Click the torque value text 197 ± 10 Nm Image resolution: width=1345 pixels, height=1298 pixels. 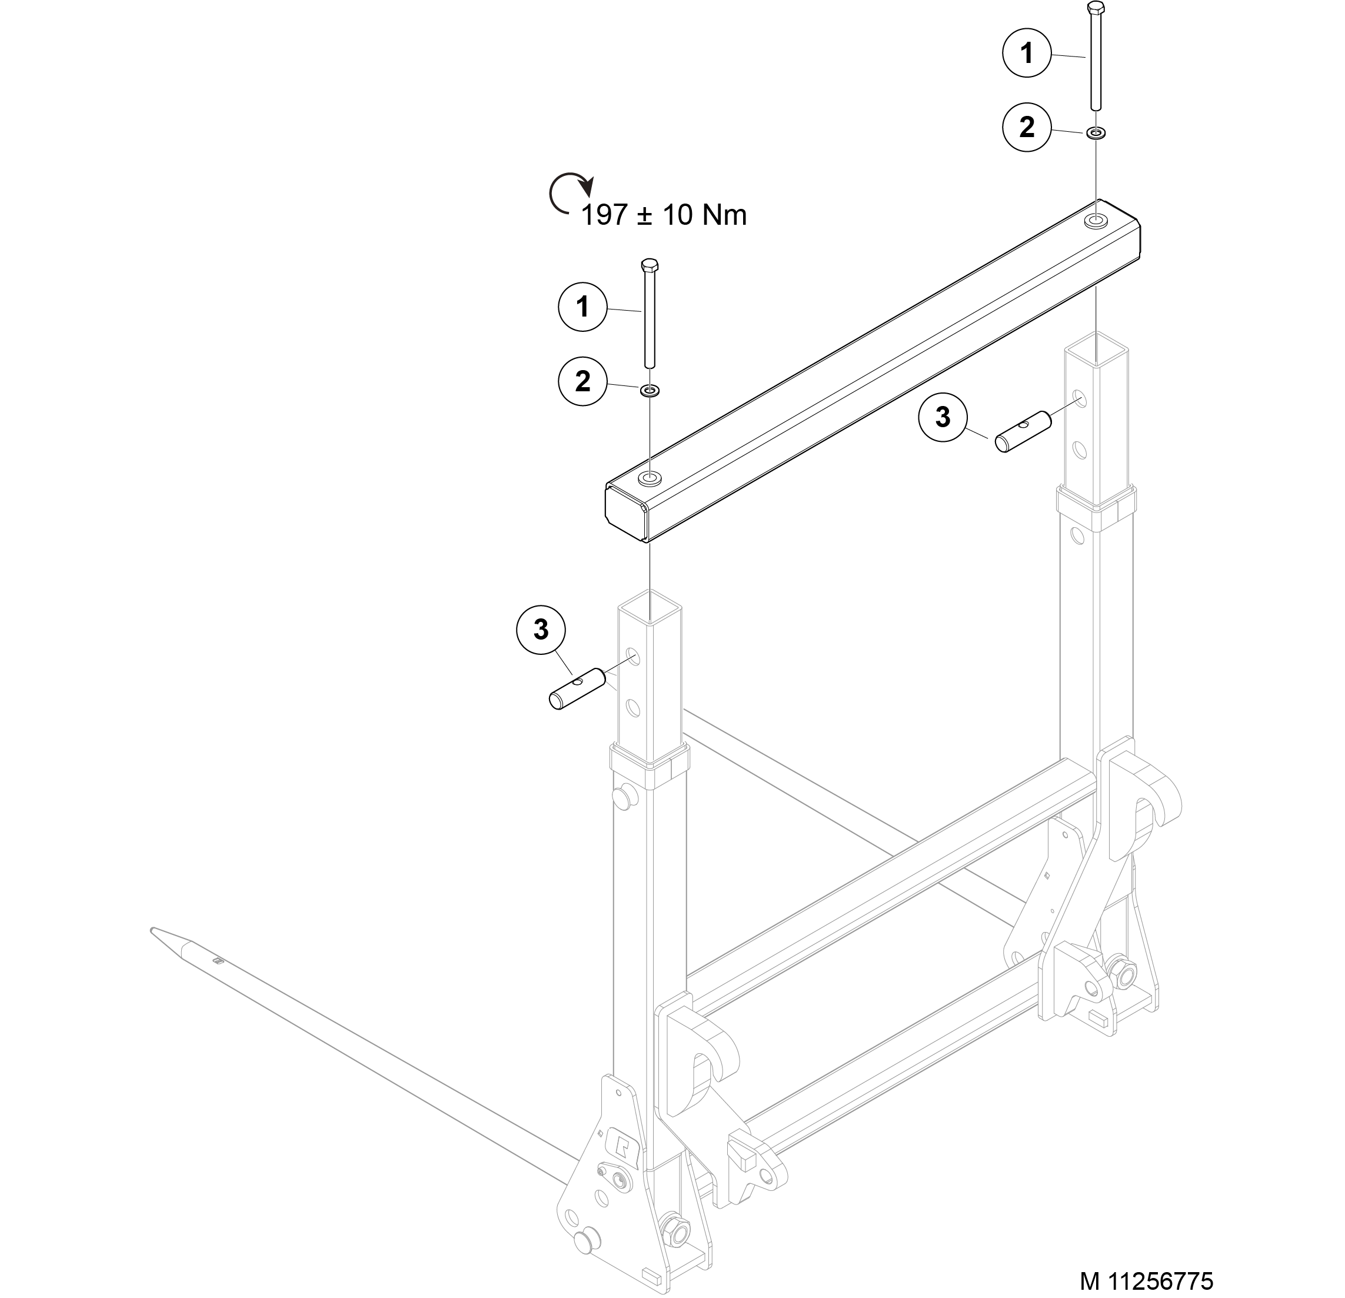[664, 215]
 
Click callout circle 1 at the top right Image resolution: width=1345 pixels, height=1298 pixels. [1027, 53]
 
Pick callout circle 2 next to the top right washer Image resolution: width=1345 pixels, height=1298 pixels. [1027, 127]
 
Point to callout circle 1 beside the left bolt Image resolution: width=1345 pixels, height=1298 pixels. [582, 306]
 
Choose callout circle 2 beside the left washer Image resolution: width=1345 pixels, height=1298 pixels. [582, 381]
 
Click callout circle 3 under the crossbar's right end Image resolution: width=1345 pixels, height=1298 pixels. [943, 417]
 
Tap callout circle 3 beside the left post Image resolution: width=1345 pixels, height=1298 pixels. [541, 629]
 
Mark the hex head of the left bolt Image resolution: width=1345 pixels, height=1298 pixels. [649, 265]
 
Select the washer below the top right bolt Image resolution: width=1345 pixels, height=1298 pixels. [1096, 132]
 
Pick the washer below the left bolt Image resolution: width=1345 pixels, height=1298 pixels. [649, 391]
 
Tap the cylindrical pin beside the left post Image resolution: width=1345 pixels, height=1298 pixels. [577, 688]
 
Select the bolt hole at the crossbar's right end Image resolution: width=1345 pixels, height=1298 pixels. [1096, 221]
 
